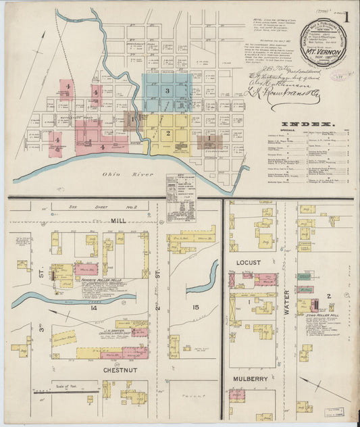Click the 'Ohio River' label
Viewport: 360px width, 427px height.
pos(116,174)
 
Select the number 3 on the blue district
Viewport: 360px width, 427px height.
pos(166,91)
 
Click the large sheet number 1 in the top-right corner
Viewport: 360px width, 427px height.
pos(346,18)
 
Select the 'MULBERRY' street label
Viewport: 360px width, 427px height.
pos(251,379)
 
